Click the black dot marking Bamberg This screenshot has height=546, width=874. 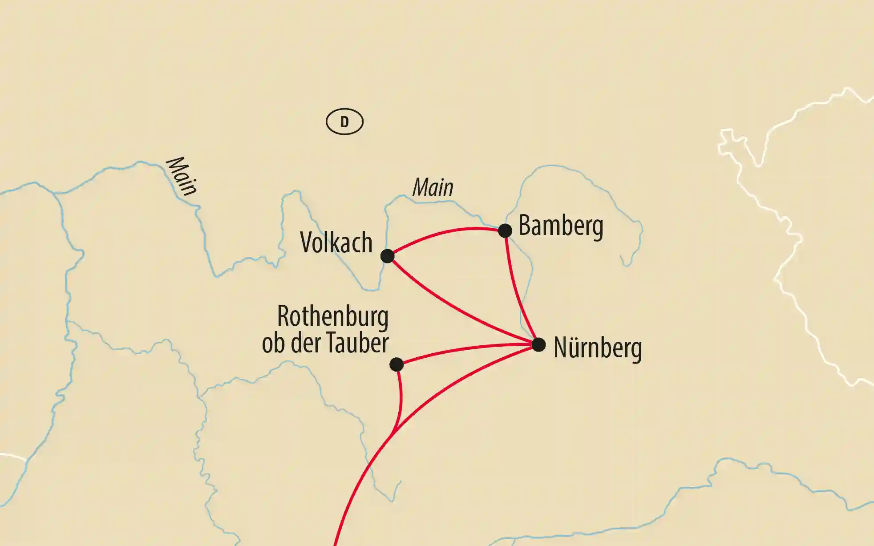point(505,231)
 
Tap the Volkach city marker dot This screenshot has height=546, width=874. point(387,256)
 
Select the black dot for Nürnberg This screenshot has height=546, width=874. point(538,344)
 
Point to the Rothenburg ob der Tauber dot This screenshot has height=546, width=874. point(396,364)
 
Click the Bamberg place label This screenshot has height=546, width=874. point(561,226)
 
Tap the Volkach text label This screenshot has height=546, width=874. point(336,243)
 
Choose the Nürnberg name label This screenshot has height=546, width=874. point(598,348)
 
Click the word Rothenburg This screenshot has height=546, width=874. point(332,316)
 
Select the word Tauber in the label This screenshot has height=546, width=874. point(357,343)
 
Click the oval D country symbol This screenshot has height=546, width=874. point(344,121)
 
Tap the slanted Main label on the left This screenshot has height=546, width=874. point(181,176)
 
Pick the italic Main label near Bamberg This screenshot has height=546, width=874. point(433,187)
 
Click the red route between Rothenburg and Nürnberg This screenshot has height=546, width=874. point(467,349)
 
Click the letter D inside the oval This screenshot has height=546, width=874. point(344,121)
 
